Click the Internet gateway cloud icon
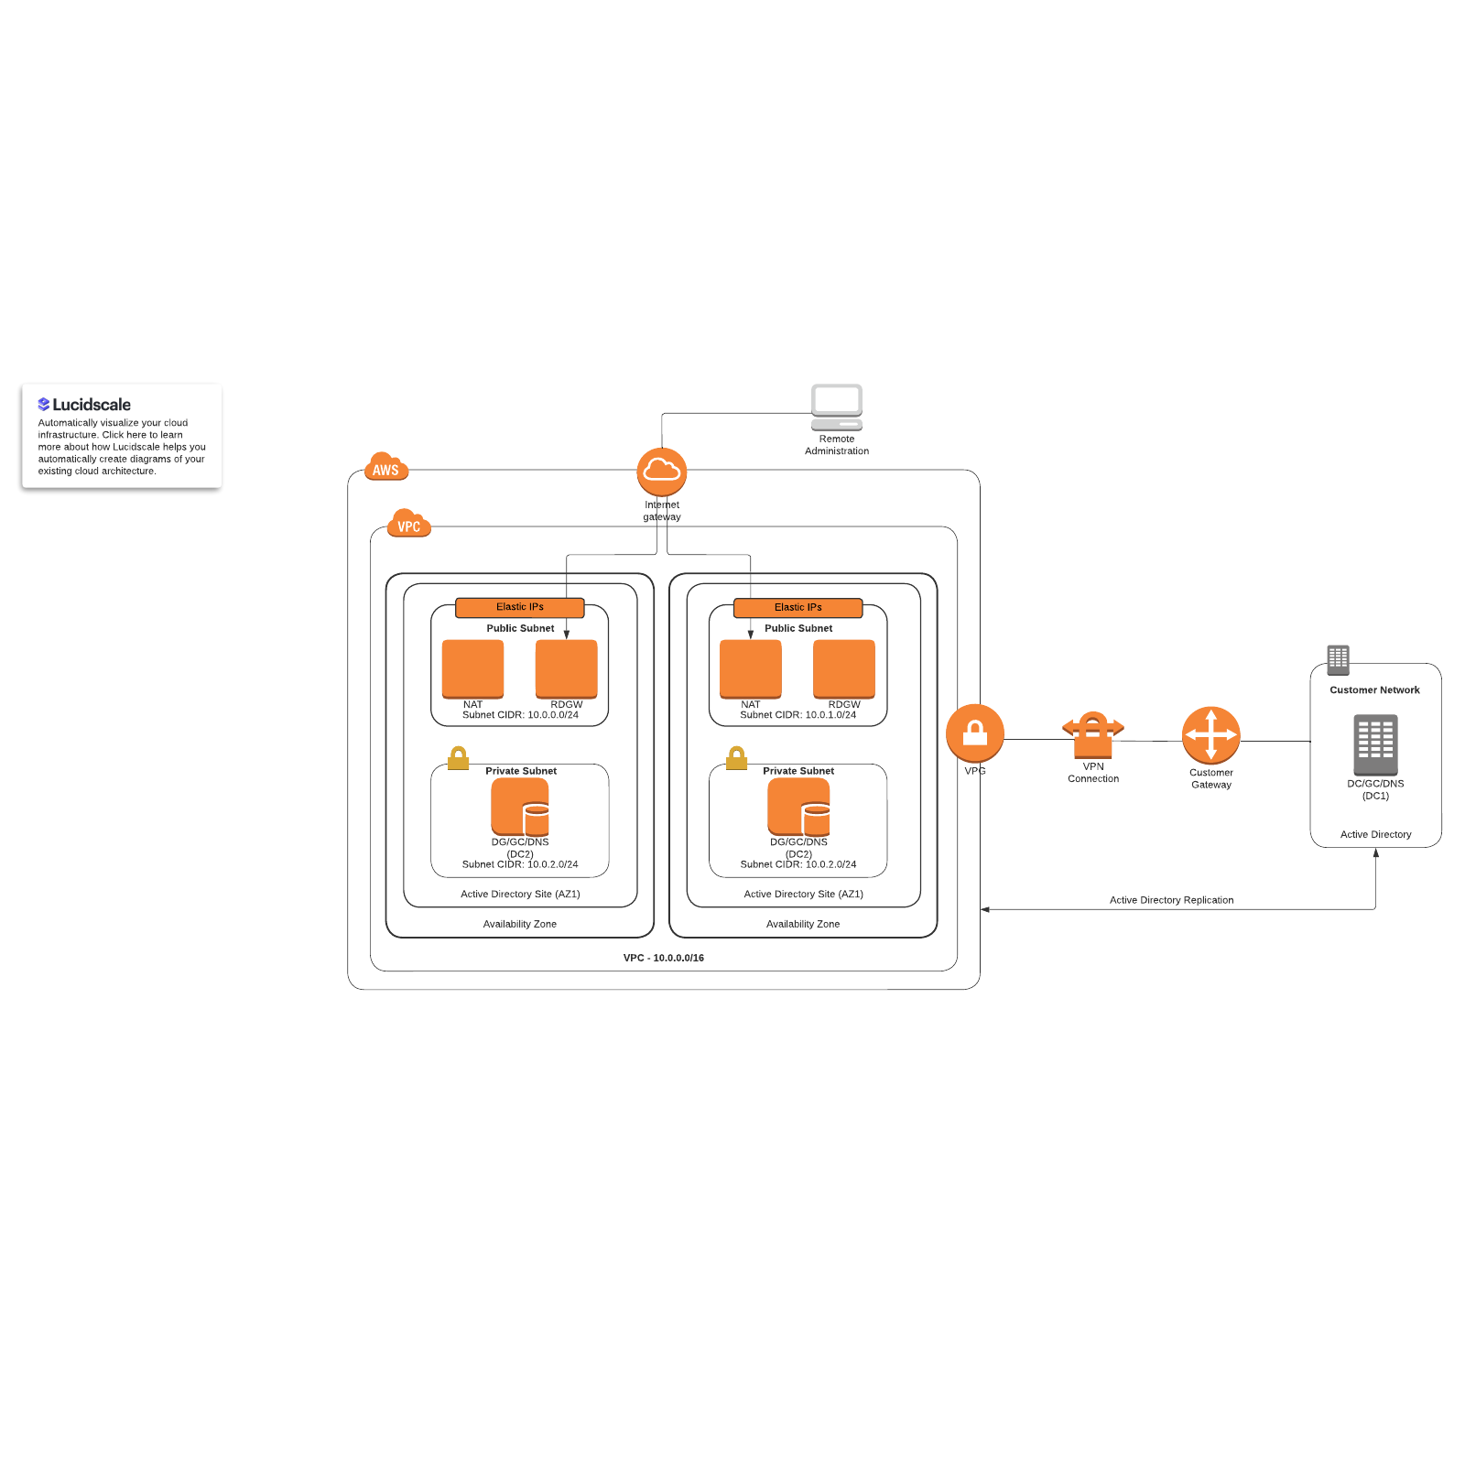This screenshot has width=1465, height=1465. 661,472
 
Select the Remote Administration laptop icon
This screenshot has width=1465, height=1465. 836,407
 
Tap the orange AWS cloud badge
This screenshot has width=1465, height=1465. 385,468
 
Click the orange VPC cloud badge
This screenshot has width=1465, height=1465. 408,525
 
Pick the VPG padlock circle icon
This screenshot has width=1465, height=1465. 974,733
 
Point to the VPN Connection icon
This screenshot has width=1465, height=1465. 1092,734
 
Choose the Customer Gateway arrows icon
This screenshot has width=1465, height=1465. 1210,735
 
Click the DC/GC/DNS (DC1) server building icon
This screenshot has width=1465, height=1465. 1375,744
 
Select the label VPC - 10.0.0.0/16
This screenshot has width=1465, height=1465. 663,958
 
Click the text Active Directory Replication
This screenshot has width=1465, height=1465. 1171,900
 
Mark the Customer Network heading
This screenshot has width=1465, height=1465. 1374,690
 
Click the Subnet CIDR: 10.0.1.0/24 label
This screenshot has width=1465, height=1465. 798,715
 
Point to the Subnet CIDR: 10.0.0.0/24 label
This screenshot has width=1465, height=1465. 520,715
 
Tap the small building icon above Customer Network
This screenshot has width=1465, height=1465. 1338,659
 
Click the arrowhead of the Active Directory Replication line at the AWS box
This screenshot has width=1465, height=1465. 985,909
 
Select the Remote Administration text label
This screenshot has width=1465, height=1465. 837,445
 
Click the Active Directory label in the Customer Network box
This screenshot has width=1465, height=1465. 1375,834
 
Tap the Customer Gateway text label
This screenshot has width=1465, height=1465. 1210,778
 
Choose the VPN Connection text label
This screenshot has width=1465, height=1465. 1092,773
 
